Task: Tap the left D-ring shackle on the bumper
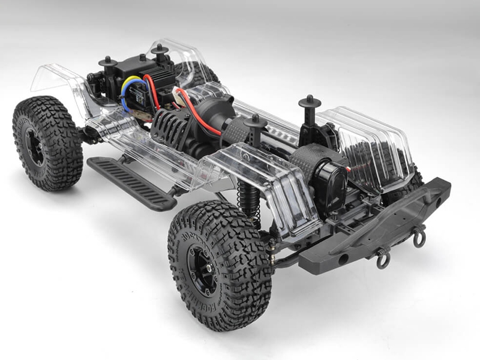pyautogui.click(x=382, y=259)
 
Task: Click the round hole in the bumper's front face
pyautogui.click(x=344, y=259)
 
